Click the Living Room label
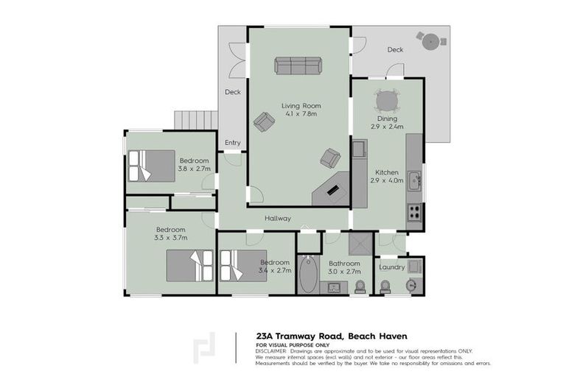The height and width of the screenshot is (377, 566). [300, 106]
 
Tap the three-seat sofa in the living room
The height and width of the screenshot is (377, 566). [298, 66]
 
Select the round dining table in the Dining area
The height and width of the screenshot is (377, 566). [387, 100]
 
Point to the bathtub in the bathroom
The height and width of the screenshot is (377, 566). [309, 275]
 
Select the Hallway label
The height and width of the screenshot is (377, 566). [279, 219]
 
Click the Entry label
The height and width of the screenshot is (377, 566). [232, 143]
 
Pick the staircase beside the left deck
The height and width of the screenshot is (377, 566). [196, 120]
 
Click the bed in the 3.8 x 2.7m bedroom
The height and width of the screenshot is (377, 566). [152, 166]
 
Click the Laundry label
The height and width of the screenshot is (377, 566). [391, 267]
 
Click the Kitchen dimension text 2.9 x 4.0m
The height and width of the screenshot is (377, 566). [387, 180]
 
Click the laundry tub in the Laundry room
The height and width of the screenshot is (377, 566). [414, 266]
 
